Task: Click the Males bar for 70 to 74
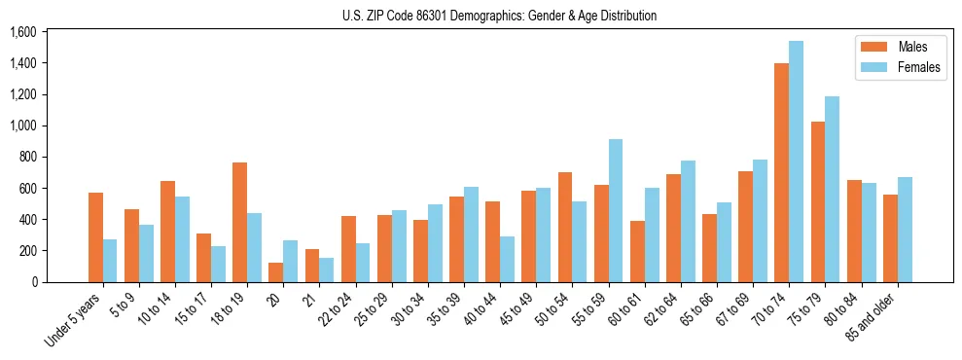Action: (x=781, y=172)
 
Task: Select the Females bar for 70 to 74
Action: (x=796, y=162)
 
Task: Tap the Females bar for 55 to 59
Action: (x=616, y=210)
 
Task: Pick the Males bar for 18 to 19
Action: (x=239, y=222)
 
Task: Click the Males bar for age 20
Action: (x=275, y=272)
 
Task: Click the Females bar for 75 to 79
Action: (x=832, y=189)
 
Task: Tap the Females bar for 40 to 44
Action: (x=507, y=259)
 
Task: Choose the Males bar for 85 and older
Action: (x=890, y=238)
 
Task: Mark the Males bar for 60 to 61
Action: (x=637, y=251)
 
